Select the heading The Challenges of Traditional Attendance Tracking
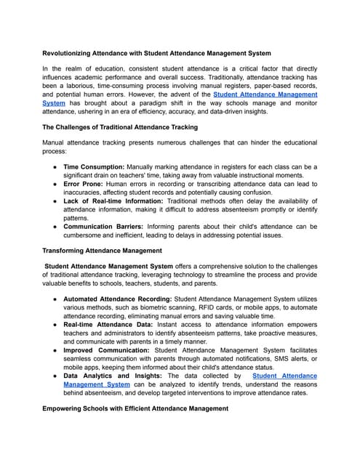coord(119,127)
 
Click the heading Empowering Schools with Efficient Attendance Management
coord(135,409)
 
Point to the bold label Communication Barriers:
coord(105,226)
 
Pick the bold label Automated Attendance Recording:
coord(119,299)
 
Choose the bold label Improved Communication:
coord(106,350)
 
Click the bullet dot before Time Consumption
coord(55,166)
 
